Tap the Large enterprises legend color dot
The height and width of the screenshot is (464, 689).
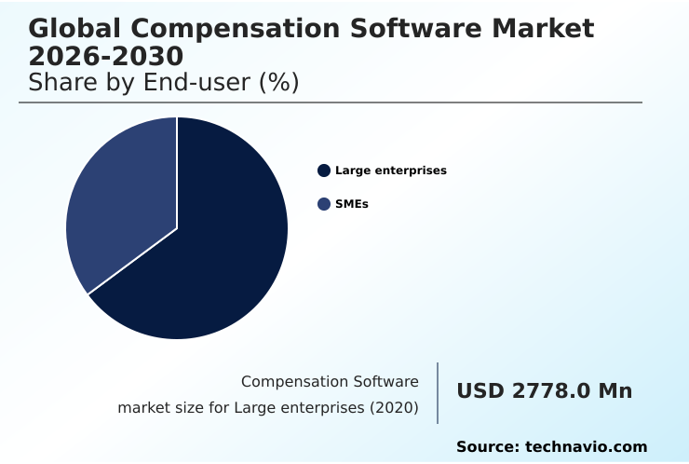[x=324, y=171]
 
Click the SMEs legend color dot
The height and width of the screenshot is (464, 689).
[x=324, y=204]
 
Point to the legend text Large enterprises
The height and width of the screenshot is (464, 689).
[x=391, y=171]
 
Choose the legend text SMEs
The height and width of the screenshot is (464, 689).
[x=352, y=204]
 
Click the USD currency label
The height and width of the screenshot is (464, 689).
[x=481, y=391]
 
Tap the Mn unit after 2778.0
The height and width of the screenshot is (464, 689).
[x=615, y=391]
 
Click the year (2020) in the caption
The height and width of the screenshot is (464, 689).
[x=394, y=408]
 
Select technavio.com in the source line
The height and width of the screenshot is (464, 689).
[x=587, y=447]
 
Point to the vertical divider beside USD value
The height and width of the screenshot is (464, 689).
[x=438, y=393]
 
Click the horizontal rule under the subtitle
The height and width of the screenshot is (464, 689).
[x=331, y=102]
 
